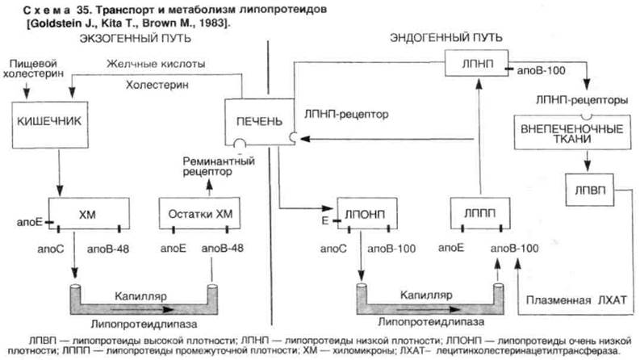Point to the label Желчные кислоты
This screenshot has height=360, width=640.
[x=156, y=64]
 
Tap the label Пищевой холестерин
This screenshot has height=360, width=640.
[x=33, y=69]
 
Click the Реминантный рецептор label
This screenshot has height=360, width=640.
[x=219, y=166]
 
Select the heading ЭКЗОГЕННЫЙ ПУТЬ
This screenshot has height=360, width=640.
[x=135, y=39]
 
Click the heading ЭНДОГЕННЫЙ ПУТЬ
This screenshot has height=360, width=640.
[x=446, y=38]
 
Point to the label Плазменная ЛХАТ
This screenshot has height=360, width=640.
[x=576, y=300]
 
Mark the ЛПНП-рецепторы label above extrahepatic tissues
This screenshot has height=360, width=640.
[x=582, y=100]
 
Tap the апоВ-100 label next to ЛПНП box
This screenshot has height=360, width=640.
[x=542, y=70]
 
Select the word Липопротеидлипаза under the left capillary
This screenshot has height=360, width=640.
[x=144, y=324]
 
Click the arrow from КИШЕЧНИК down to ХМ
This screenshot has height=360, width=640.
[x=59, y=173]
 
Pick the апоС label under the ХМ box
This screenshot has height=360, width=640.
[x=51, y=249]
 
